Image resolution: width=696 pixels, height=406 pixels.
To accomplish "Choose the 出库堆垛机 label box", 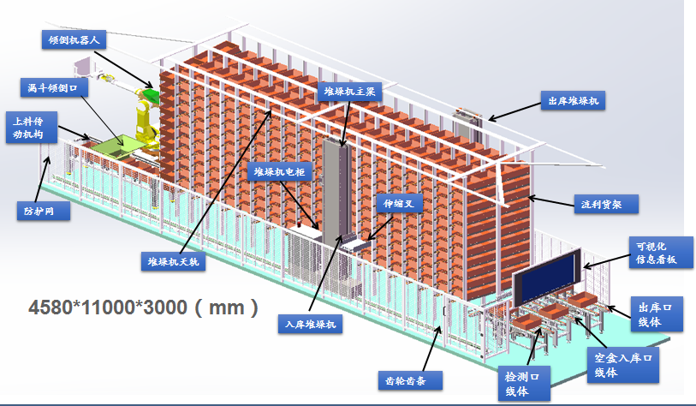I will (x=573, y=100).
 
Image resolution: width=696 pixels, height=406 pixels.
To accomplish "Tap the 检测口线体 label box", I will (x=527, y=384).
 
